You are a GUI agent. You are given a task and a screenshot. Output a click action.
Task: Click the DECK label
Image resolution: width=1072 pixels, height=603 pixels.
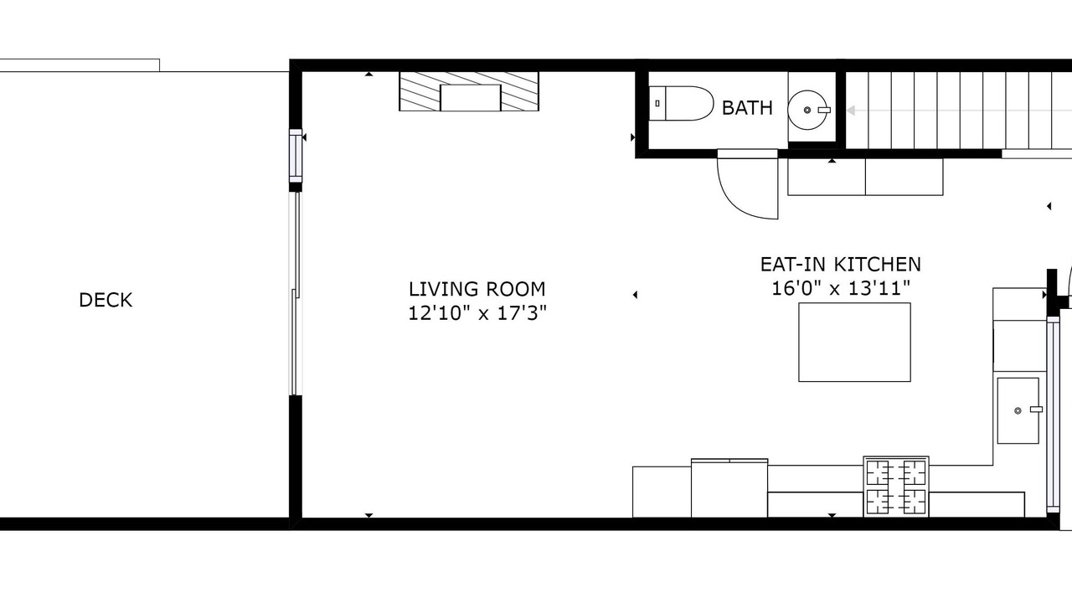tap(106, 300)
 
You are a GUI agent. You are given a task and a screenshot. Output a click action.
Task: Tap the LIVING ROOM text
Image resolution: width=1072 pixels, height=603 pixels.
tap(477, 289)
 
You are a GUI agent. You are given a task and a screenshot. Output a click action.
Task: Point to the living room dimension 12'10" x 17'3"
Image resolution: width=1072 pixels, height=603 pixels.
tap(477, 313)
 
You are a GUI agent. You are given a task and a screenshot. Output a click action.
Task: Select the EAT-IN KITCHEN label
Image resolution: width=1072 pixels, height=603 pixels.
tap(840, 264)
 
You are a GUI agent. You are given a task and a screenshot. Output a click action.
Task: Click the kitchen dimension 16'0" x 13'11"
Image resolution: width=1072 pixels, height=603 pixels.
tap(841, 289)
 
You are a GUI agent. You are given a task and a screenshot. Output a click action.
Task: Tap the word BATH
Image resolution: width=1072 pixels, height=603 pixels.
tap(747, 108)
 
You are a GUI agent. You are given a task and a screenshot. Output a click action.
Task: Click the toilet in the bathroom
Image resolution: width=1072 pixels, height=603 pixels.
tap(682, 103)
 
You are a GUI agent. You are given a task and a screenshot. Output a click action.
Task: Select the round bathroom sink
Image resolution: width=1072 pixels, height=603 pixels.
tap(809, 110)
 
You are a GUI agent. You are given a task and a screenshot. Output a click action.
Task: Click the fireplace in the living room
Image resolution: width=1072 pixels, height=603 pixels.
tap(469, 91)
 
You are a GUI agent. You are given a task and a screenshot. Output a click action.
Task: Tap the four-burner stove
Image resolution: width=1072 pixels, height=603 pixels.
tap(896, 487)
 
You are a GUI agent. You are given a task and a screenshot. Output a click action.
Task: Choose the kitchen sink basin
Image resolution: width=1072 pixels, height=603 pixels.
tap(1018, 410)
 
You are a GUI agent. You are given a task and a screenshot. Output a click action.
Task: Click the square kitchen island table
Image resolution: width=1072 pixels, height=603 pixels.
tap(855, 343)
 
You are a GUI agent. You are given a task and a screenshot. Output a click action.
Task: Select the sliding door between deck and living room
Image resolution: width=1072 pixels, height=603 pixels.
tap(296, 293)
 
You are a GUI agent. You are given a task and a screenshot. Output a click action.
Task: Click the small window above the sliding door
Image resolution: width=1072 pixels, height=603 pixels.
tap(296, 156)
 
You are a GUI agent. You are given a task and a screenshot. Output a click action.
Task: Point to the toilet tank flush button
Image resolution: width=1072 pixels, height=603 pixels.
tap(657, 103)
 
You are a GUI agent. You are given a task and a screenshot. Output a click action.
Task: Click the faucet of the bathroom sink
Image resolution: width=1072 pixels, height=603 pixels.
tap(824, 110)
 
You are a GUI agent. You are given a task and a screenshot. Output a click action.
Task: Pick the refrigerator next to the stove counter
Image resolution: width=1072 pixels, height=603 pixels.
tap(729, 487)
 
